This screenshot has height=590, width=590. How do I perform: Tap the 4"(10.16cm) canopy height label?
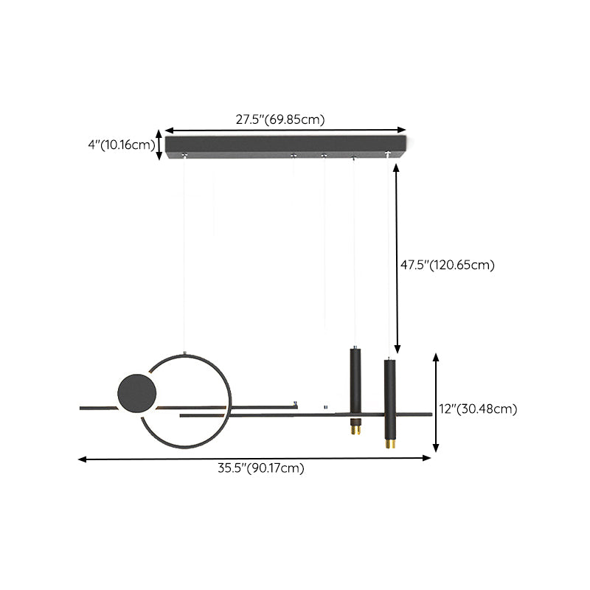[x=119, y=145]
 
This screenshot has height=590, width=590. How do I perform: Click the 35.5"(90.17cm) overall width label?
[x=260, y=468]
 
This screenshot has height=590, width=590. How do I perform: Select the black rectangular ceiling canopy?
[x=285, y=145]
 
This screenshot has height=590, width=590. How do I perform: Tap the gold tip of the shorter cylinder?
[x=355, y=427]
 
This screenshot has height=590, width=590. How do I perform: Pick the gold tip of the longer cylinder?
[x=389, y=444]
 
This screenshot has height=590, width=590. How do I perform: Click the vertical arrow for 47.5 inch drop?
[x=397, y=258]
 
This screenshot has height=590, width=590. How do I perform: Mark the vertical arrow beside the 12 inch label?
[x=436, y=403]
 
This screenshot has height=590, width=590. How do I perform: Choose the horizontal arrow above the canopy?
[x=285, y=130]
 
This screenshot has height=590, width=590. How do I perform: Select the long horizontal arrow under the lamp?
[x=254, y=459]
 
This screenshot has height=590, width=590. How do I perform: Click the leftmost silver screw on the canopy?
[x=184, y=154]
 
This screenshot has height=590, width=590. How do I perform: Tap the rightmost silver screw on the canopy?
[x=387, y=153]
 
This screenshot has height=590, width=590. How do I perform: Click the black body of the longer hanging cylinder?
[x=389, y=398]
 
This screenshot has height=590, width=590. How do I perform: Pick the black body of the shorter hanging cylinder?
[x=355, y=380]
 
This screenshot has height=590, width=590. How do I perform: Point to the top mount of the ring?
[x=185, y=352]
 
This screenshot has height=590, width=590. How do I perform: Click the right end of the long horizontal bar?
[x=429, y=414]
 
